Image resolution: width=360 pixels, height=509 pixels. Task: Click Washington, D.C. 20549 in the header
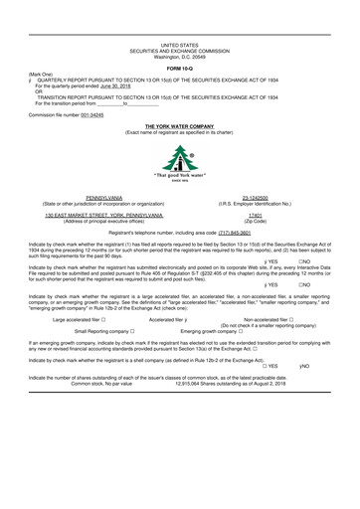pos(179,55)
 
